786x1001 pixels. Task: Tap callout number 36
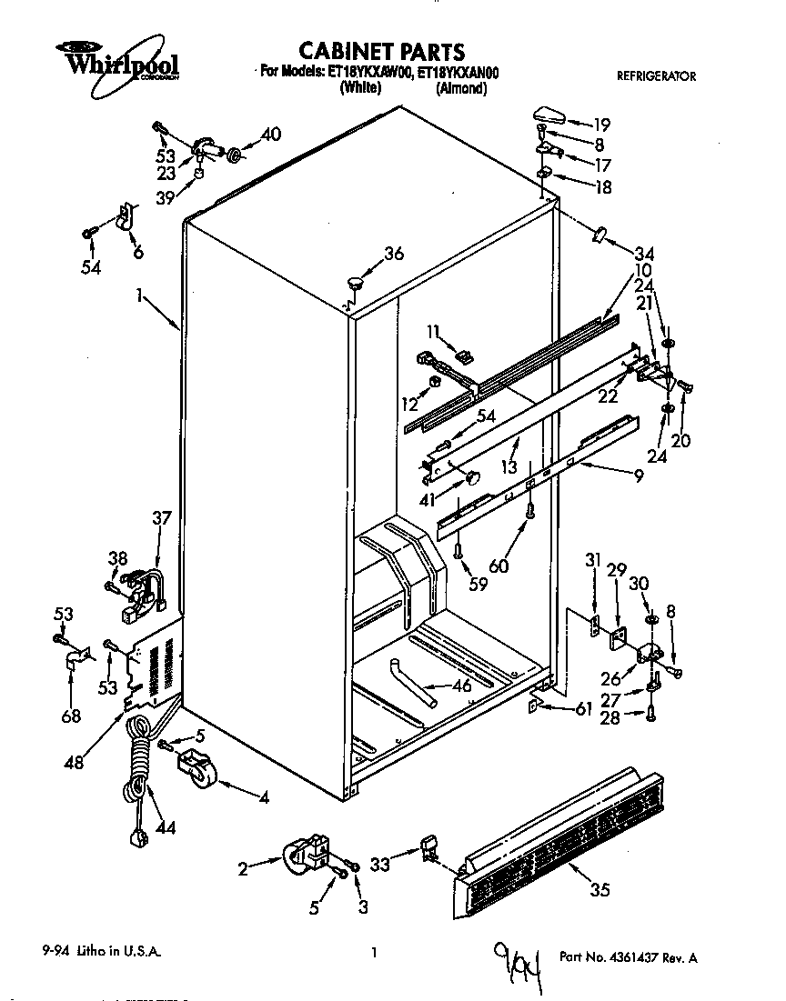tap(393, 255)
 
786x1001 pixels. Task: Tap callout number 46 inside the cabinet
tap(462, 686)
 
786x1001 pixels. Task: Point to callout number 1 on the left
tap(139, 295)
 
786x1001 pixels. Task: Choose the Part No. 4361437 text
tap(629, 957)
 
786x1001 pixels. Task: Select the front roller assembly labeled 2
tap(306, 855)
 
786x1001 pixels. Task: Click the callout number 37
tap(161, 517)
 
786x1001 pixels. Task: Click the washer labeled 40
tap(234, 155)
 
